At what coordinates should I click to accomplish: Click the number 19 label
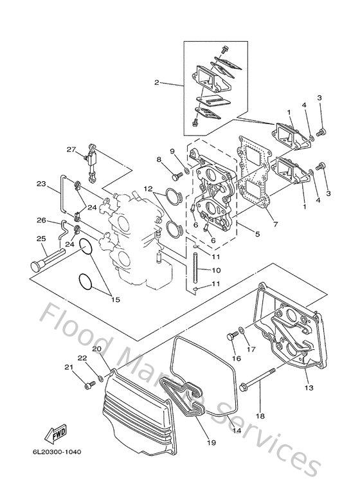pos(212,442)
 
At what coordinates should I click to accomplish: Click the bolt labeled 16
pos(231,336)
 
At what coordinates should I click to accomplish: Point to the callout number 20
pos(96,349)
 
